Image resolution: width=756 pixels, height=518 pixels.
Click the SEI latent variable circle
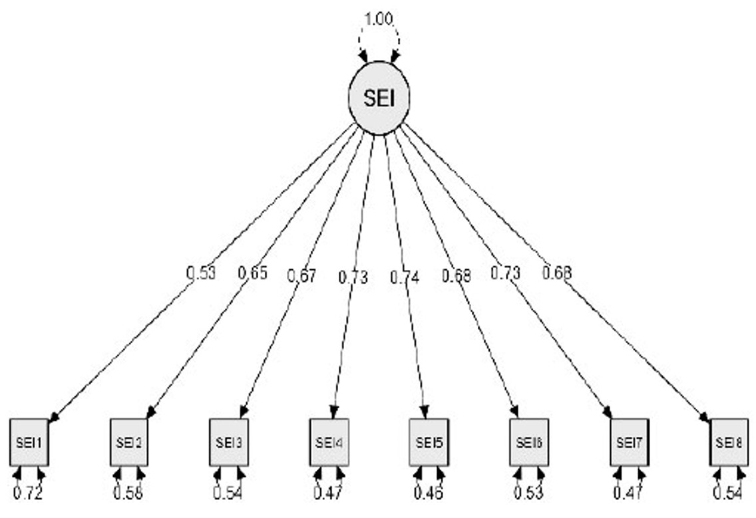pos(379,98)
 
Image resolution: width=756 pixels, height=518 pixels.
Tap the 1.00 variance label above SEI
pos(379,19)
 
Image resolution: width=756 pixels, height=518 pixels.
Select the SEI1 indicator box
pos(29,442)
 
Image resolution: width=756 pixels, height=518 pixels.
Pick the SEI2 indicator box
pos(129,442)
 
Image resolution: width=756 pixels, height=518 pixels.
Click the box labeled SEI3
pos(229,442)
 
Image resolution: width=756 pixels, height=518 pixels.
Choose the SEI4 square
pos(329,442)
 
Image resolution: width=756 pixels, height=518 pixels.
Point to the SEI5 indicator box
pos(429,442)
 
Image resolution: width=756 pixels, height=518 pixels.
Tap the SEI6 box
pos(529,442)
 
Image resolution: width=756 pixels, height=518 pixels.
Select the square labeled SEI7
pos(629,442)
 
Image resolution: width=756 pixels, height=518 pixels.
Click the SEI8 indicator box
pos(729,442)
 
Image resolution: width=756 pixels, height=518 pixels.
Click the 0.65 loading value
pos(252,273)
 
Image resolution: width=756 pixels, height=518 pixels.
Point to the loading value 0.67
pos(301,275)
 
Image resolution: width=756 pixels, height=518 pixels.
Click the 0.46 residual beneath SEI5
pos(429,493)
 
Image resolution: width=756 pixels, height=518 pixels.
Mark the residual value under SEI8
pos(729,493)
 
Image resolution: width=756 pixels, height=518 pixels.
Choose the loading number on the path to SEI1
pos(200,273)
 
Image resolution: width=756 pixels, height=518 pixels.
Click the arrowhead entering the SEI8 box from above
pos(705,418)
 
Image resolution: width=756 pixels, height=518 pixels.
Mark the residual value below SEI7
pos(629,493)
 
